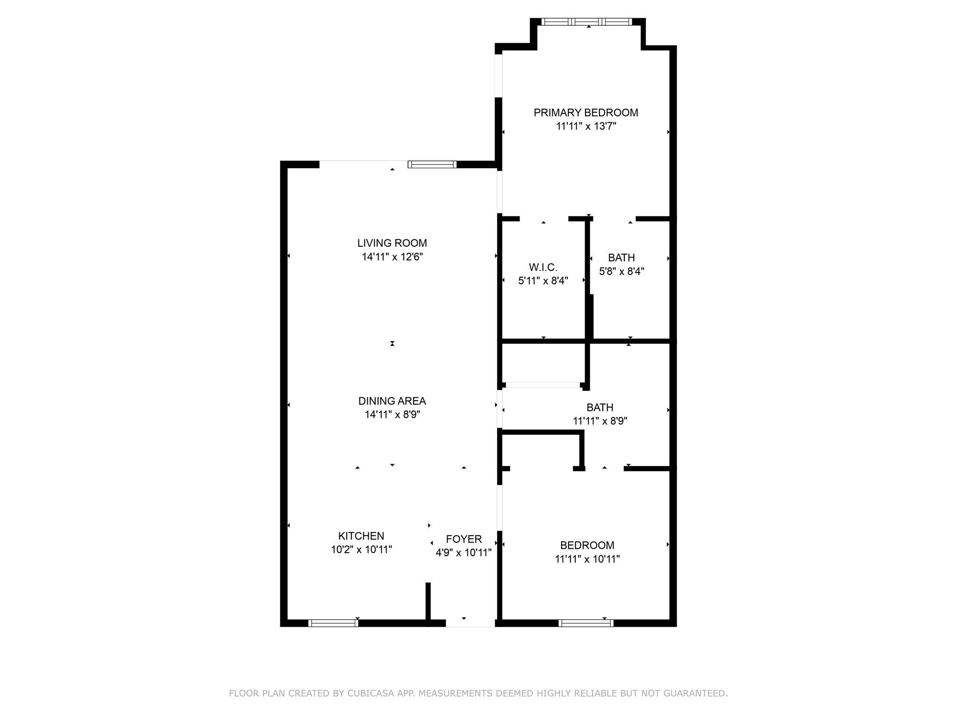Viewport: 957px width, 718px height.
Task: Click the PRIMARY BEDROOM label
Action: tap(586, 113)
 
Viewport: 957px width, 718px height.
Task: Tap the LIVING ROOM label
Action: tap(392, 243)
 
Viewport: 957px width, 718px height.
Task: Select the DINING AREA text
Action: tap(392, 401)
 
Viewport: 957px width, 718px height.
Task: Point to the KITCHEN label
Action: tap(361, 536)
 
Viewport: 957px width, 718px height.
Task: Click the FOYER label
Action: tap(464, 539)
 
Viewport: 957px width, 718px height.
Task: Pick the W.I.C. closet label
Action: tap(543, 267)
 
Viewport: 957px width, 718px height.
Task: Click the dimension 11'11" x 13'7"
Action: tap(586, 126)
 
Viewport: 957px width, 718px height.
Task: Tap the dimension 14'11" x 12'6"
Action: tap(392, 257)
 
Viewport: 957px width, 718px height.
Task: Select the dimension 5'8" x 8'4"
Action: tap(621, 271)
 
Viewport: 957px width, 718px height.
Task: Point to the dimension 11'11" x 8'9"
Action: tap(600, 421)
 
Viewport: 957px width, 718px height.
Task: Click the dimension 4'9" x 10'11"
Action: tap(464, 553)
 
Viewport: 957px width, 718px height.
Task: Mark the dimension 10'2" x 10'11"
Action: tap(361, 550)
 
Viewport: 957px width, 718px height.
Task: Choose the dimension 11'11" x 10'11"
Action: tap(587, 559)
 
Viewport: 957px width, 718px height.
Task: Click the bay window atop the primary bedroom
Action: tap(586, 22)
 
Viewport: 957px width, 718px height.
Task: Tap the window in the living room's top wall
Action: tap(432, 164)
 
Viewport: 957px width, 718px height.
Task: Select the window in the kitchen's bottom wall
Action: tap(333, 623)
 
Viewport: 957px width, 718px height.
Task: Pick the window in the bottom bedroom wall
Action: tap(586, 623)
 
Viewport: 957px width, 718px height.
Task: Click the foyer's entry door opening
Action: tap(471, 623)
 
